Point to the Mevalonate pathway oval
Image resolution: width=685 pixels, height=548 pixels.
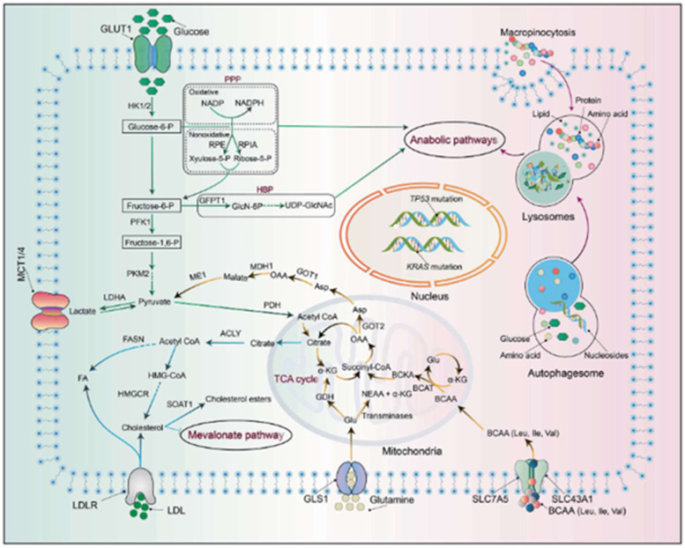225,433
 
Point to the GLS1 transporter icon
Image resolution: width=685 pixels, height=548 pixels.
354,483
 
